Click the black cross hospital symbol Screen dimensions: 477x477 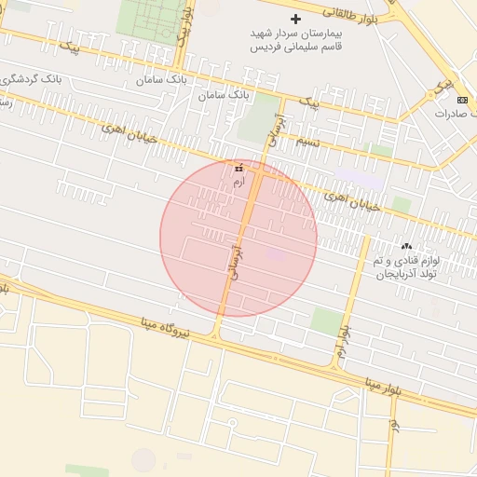coord(296,19)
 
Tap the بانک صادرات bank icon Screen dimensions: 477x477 coord(463,100)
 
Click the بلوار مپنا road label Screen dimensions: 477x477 coord(382,383)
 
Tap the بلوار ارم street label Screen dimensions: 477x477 coord(343,343)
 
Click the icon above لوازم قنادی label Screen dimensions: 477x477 coord(405,247)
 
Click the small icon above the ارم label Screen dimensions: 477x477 coord(239,168)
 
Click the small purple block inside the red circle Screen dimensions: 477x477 coord(278,253)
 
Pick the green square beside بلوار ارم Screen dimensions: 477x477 coord(326,320)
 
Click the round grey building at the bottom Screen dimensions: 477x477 coord(144,459)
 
